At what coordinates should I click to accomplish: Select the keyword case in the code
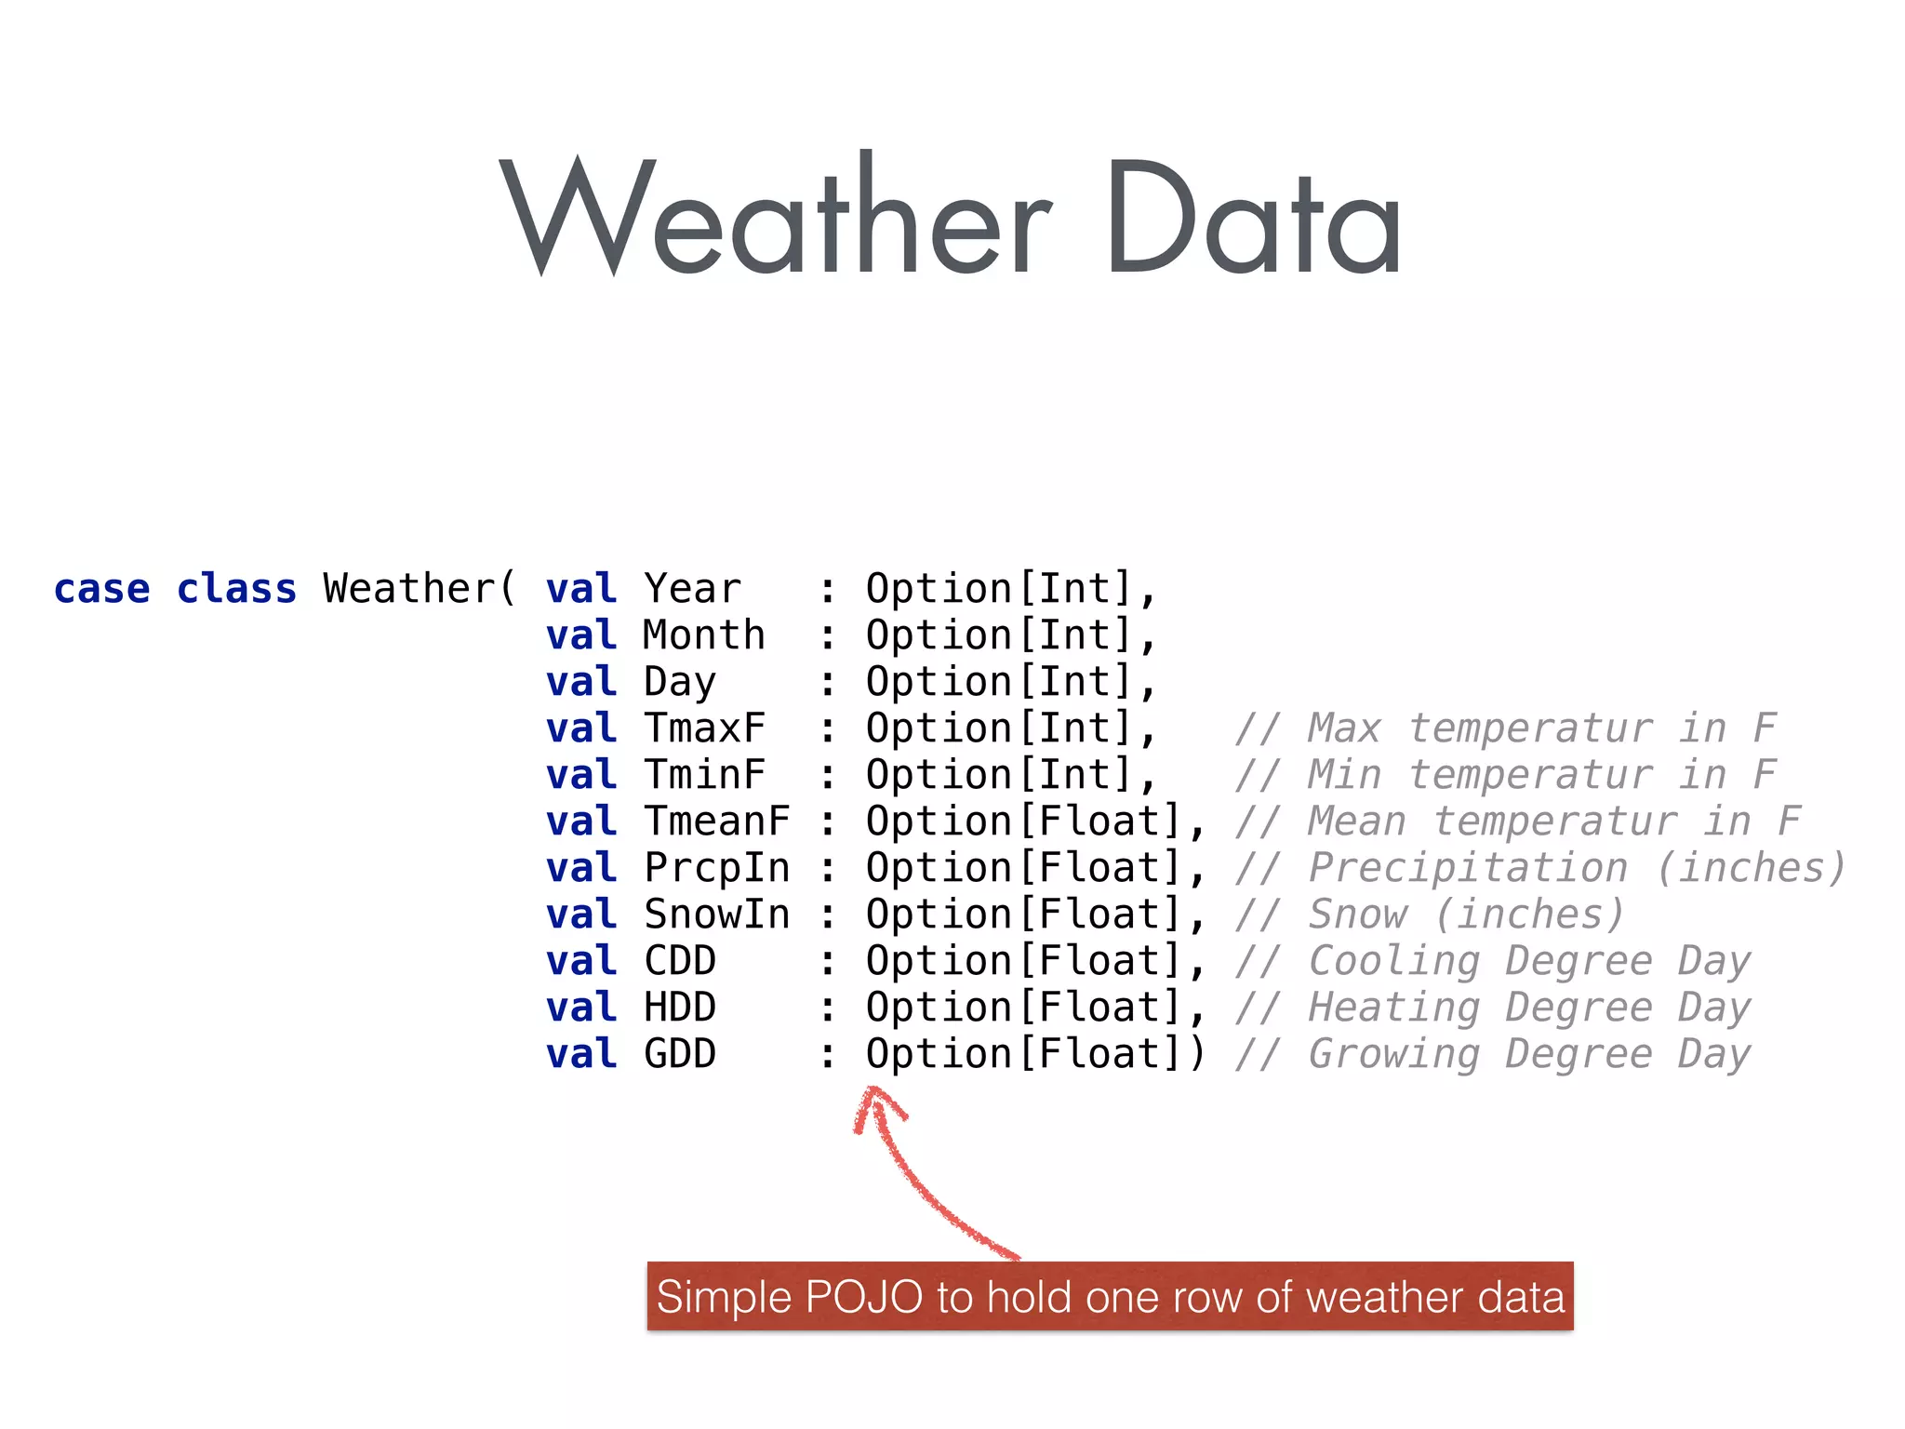[x=101, y=589]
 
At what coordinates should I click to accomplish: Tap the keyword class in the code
[x=236, y=589]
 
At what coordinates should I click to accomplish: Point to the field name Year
[x=692, y=589]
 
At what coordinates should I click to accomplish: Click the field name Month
[x=704, y=635]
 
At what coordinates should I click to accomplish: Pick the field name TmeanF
[x=716, y=821]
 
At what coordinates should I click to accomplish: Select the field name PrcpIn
[x=716, y=868]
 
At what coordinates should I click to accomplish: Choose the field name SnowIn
[x=716, y=915]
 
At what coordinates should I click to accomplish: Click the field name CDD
[x=680, y=961]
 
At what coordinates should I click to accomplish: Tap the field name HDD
[x=680, y=1008]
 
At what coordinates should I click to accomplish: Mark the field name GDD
[x=680, y=1054]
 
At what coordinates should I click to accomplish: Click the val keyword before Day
[x=581, y=682]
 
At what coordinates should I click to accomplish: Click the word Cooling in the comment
[x=1394, y=961]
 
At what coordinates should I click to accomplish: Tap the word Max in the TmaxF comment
[x=1344, y=728]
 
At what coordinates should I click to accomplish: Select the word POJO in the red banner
[x=863, y=1297]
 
